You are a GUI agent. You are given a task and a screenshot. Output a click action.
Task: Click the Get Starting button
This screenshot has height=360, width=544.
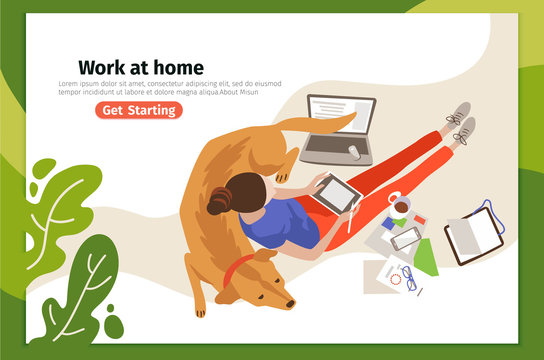139,110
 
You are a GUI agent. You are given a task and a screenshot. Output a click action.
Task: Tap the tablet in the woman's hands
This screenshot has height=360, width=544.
335,192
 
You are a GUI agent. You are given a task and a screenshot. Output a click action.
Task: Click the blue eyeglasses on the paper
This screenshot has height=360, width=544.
409,278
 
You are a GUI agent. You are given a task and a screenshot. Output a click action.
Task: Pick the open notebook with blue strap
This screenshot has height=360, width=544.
474,234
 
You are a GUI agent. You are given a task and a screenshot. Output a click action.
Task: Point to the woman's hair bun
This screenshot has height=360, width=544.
218,203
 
